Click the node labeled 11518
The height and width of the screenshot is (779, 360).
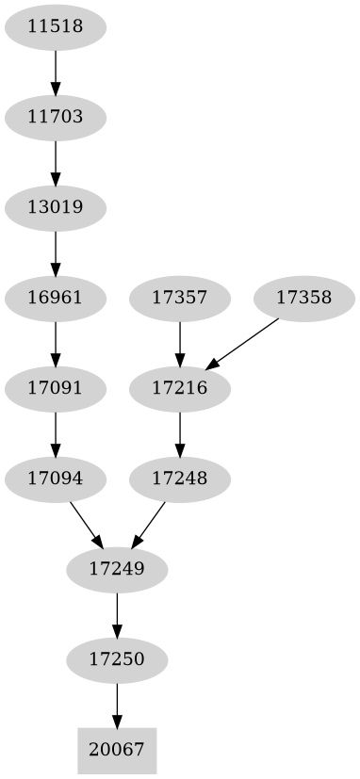56,27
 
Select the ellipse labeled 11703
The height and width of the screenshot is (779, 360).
56,118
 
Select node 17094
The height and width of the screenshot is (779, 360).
56,479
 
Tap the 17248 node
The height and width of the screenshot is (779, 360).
180,479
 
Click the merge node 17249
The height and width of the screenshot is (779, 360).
118,569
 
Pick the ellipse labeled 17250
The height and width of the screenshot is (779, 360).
118,659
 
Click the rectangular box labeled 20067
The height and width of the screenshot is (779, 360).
118,750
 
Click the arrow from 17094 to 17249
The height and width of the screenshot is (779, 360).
86,523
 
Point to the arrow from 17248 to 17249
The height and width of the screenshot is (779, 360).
150,523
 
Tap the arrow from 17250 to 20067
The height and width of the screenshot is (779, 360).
118,705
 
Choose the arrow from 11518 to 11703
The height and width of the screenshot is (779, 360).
56,73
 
